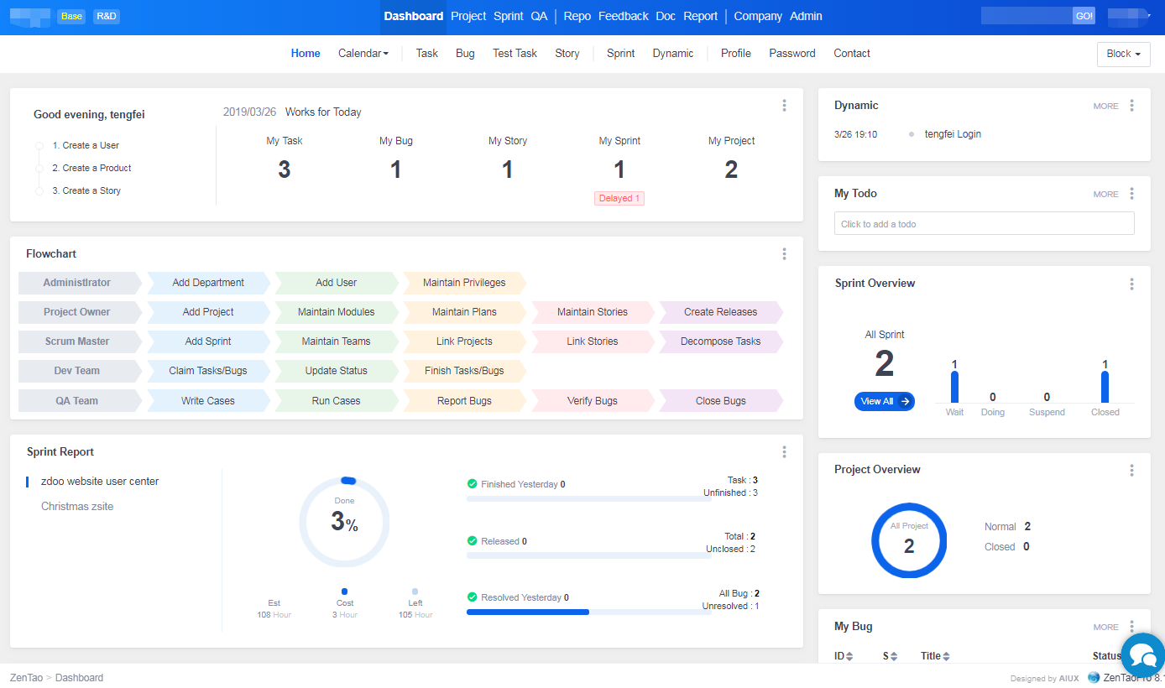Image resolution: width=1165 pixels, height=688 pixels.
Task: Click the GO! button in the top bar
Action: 1084,16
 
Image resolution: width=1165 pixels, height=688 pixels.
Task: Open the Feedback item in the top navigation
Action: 623,16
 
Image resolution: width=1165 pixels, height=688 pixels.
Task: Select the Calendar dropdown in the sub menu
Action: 363,54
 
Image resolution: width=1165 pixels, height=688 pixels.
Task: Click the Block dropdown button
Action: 1123,54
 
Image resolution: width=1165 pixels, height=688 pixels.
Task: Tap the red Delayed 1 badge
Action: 619,199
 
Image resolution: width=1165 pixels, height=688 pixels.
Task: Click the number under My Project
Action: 731,169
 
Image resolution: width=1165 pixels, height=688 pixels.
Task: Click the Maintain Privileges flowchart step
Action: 464,283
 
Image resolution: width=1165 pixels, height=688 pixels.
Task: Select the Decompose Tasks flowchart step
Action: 720,341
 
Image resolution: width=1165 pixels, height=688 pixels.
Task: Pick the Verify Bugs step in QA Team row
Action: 592,401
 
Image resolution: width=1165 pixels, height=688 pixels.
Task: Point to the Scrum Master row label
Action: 76,341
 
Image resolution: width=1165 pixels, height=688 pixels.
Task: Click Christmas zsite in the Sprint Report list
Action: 77,507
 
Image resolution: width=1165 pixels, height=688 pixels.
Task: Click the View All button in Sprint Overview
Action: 884,402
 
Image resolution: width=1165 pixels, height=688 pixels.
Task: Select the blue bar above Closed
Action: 1105,387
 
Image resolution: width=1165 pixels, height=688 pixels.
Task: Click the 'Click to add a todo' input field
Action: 984,224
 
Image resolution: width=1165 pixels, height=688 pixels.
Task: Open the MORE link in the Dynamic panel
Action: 1105,107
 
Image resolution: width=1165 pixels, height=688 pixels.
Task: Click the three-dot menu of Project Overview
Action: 1131,470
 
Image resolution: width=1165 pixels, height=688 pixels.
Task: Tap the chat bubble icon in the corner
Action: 1142,654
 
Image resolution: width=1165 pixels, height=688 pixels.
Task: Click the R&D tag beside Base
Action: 107,16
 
